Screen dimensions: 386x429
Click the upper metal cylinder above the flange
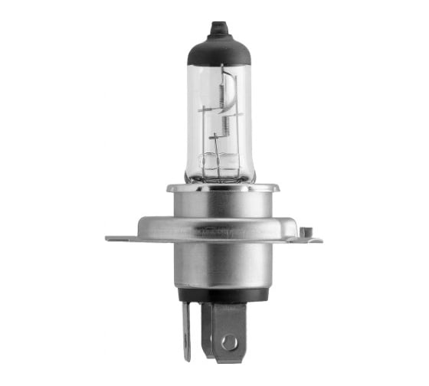pyautogui.click(x=222, y=204)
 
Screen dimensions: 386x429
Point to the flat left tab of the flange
pyautogui.click(x=123, y=238)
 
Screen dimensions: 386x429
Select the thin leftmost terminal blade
pyautogui.click(x=186, y=329)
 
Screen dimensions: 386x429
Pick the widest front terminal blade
pyautogui.click(x=229, y=329)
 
